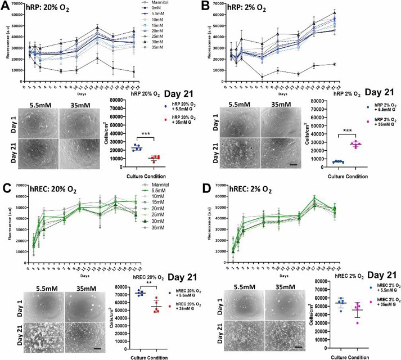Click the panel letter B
tap(206, 6)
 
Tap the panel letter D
tap(207, 185)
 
